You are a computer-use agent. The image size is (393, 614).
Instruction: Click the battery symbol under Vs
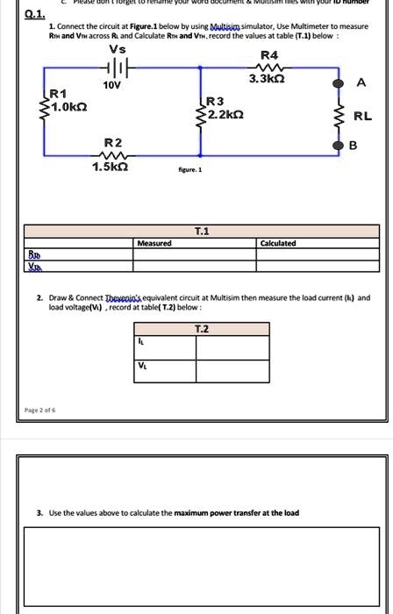(119, 68)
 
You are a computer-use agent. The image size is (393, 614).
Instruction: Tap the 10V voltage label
(111, 86)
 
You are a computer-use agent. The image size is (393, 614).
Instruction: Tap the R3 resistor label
(215, 101)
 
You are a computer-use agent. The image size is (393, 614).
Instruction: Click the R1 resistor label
(58, 93)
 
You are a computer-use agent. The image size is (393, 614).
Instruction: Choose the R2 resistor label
(112, 142)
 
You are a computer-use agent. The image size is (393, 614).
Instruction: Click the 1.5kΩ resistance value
(112, 168)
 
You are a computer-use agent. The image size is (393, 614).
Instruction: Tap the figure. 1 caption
(190, 169)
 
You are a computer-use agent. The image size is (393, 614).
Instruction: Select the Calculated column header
(278, 243)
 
